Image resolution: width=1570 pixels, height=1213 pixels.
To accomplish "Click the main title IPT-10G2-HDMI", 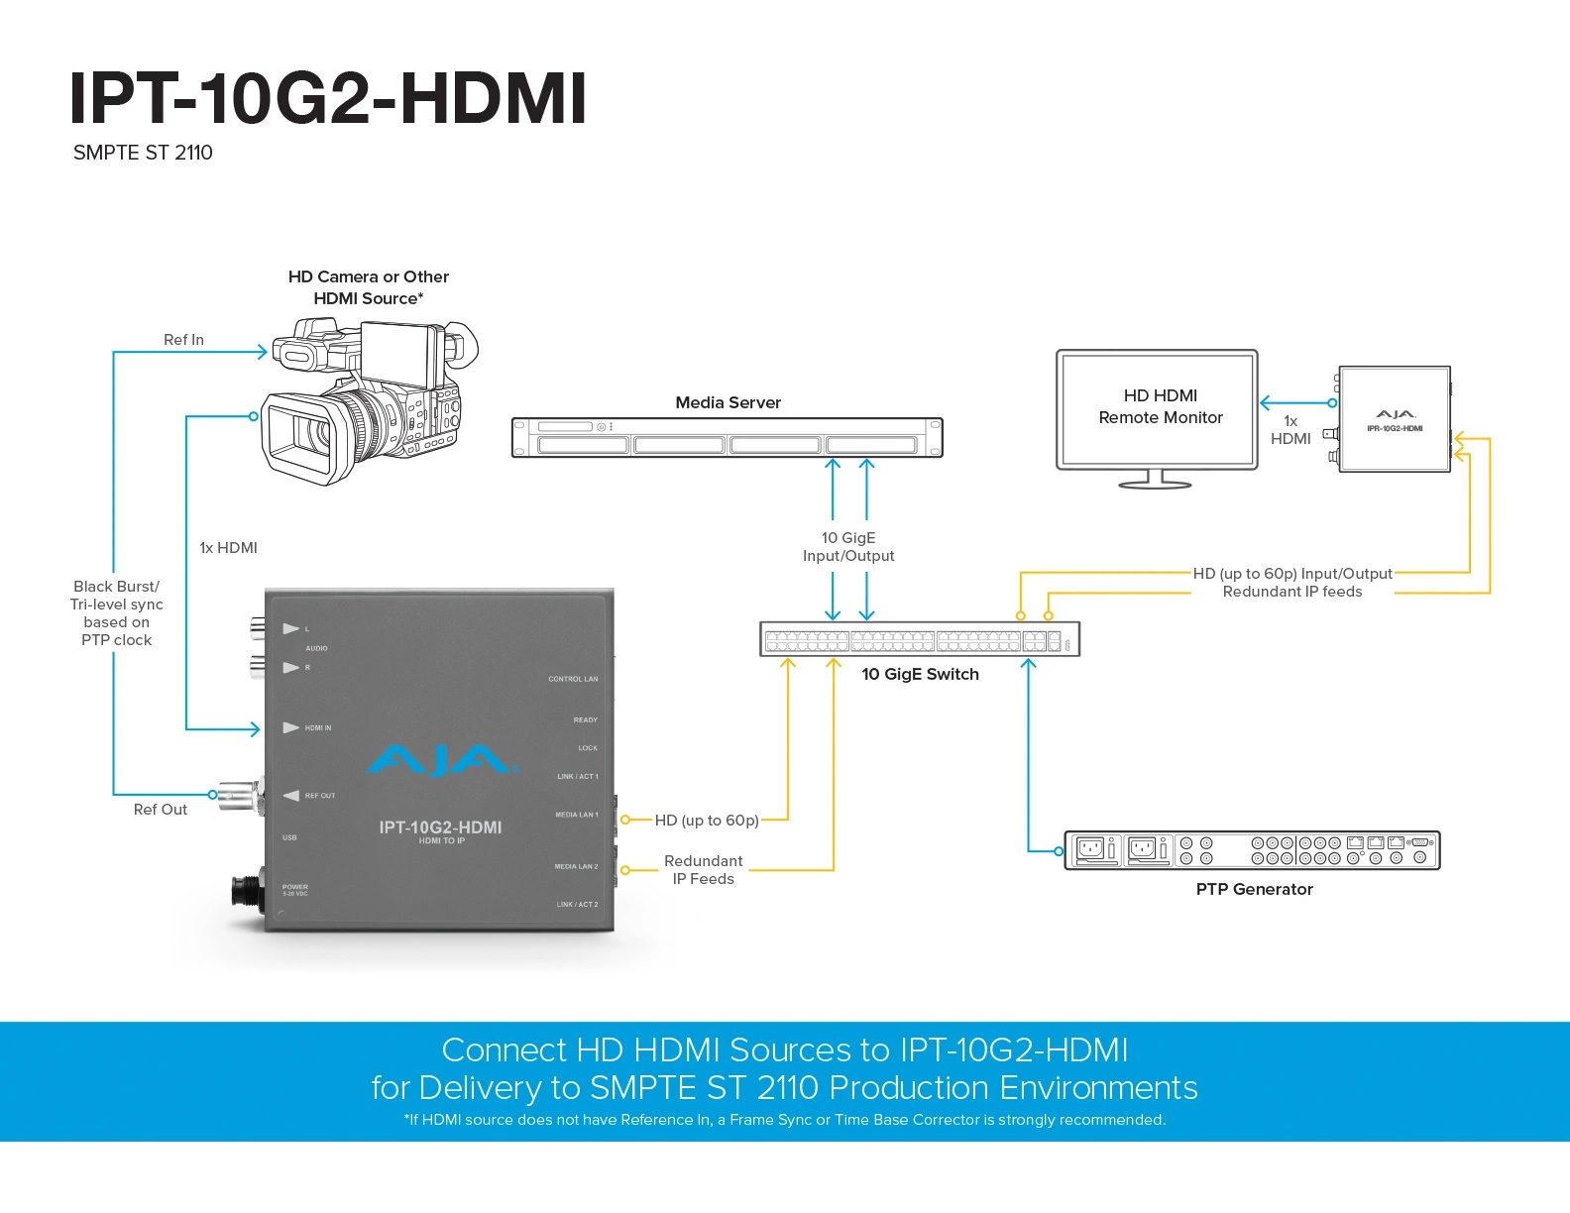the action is tap(327, 98).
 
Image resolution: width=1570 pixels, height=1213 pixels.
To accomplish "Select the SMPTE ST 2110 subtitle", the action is tap(143, 153).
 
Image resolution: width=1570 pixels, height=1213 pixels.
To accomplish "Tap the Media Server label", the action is tap(728, 402).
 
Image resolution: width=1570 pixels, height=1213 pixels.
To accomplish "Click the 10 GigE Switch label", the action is tap(920, 674).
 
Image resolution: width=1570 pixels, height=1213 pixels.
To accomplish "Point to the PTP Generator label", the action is tap(1254, 889).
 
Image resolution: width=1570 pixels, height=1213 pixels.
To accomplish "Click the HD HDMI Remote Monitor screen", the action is tap(1157, 409).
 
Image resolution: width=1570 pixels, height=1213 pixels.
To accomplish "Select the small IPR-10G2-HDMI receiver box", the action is tap(1394, 419).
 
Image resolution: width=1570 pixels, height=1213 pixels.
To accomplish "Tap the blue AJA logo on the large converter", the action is tap(441, 760).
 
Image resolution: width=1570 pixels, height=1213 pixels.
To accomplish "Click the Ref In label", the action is tap(183, 340).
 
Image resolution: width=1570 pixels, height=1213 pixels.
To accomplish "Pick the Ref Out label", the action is tap(160, 809).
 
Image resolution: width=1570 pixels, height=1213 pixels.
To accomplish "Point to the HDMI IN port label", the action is tap(318, 727).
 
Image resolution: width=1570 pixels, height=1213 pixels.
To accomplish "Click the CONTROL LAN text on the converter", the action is tap(573, 679).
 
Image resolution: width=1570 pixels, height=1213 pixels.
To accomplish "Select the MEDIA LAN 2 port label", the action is tap(576, 866).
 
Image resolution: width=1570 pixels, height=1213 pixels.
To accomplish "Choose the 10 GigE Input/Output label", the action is tap(848, 547).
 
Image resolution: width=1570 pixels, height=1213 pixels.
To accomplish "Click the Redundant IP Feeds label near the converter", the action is tap(703, 870).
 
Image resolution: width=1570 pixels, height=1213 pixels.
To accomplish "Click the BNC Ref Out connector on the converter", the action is tap(240, 796).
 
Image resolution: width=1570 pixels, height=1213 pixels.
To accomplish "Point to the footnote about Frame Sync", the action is tap(785, 1120).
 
